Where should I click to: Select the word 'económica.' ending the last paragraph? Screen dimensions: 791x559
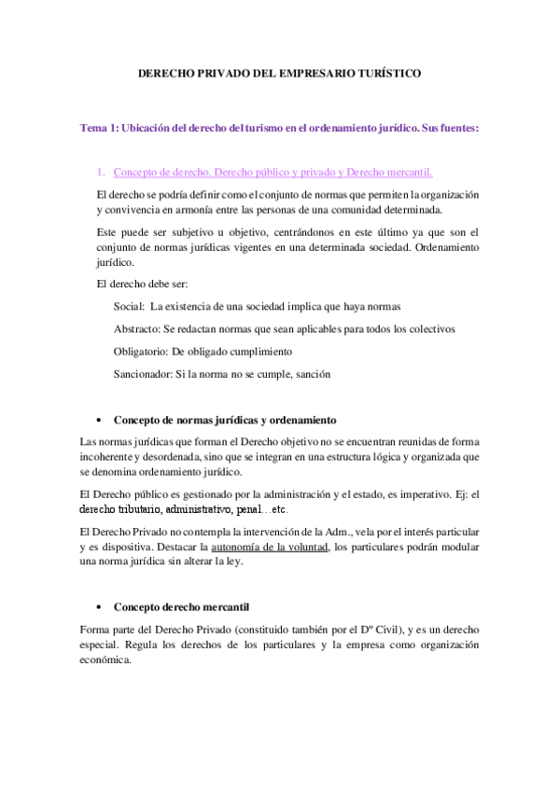click(106, 659)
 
